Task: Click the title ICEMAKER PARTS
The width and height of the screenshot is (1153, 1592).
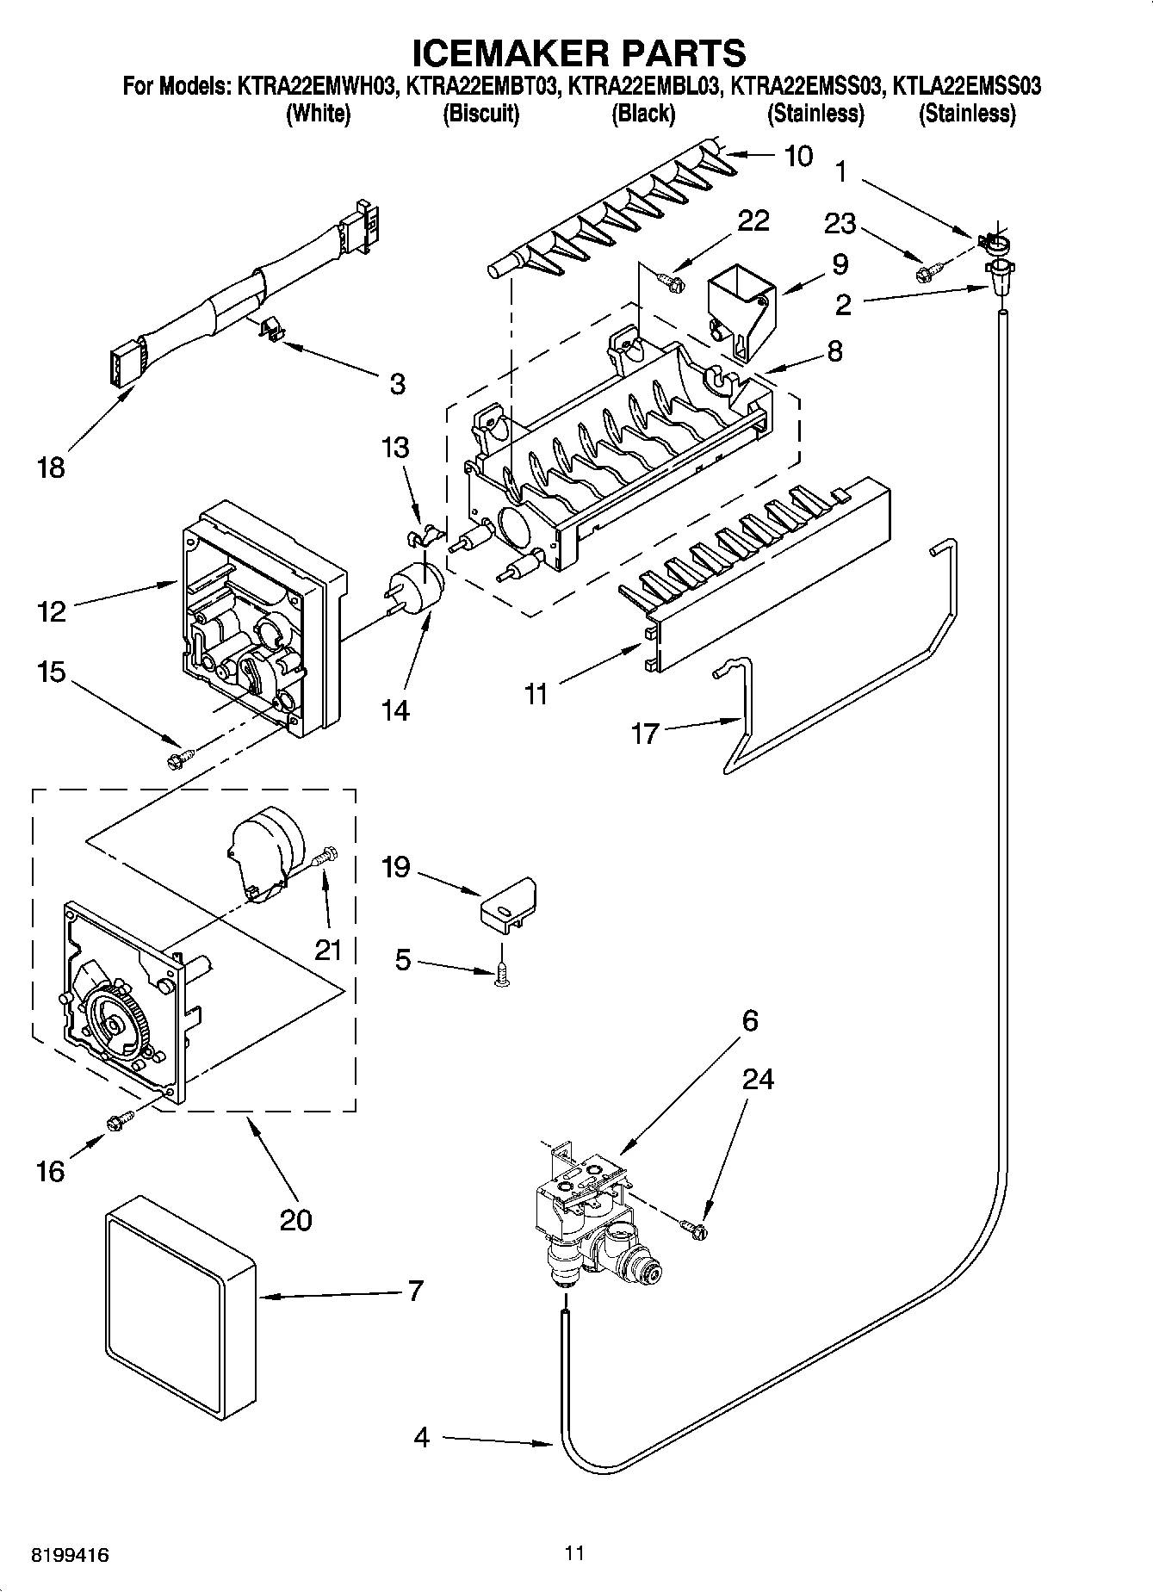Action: coord(578,53)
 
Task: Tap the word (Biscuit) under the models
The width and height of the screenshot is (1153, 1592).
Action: coord(480,114)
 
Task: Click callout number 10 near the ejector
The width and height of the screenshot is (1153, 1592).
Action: coord(798,156)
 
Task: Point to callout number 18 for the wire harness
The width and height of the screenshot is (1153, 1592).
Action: coord(51,468)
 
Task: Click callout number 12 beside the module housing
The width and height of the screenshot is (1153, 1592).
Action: coord(51,611)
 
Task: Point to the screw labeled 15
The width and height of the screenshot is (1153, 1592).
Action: coord(179,759)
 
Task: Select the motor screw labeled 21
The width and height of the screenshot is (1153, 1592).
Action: coord(326,856)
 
